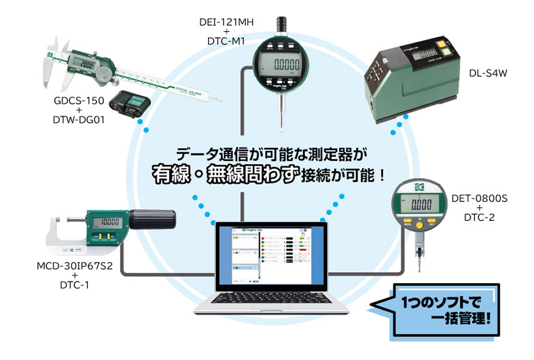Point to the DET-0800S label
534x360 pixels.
click(x=475, y=198)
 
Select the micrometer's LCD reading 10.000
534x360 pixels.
click(x=106, y=223)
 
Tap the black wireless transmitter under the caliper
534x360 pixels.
click(x=128, y=105)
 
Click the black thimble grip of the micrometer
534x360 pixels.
click(x=153, y=219)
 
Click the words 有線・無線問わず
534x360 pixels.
click(x=226, y=175)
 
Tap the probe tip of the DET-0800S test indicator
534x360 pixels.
click(x=418, y=267)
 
